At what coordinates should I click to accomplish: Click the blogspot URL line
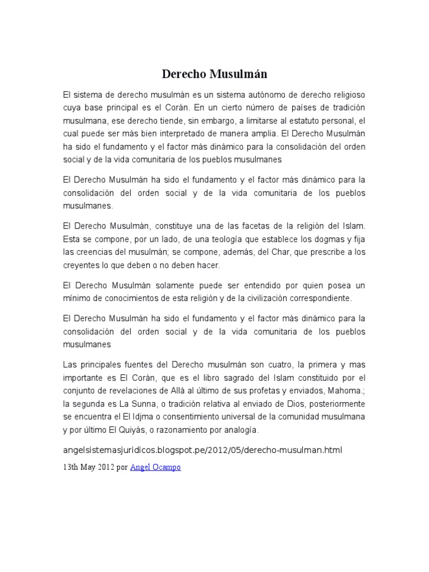[x=202, y=450]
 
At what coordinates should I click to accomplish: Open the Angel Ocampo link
[x=155, y=468]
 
